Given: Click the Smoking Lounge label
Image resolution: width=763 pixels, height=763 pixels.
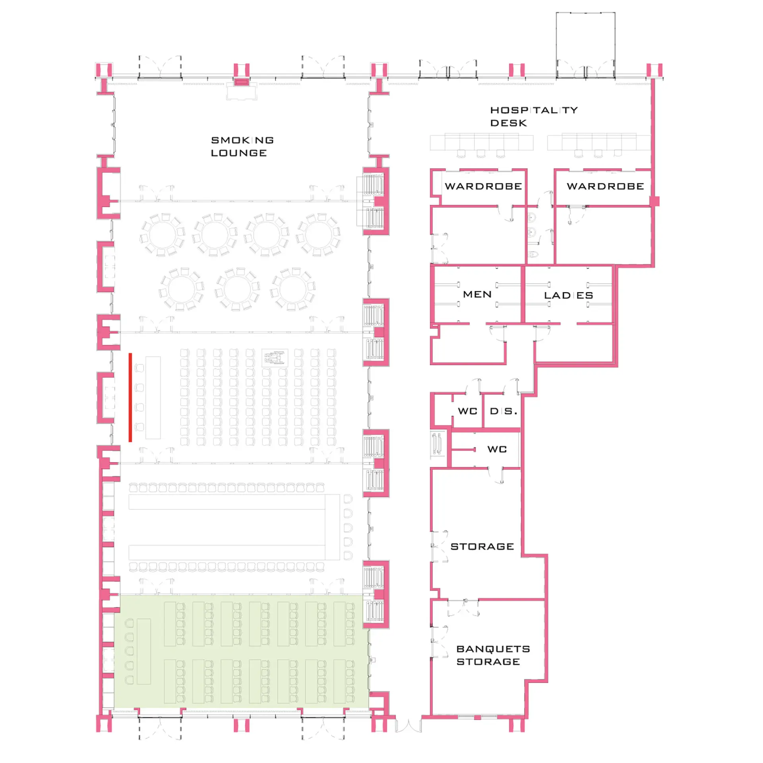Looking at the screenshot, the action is coord(242,147).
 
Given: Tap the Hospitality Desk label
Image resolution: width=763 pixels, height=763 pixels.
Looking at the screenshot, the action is coord(534,116).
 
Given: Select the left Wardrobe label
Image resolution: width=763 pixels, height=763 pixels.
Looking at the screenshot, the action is coord(483,186).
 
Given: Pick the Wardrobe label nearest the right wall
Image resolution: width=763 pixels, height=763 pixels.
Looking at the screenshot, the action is coord(605,186).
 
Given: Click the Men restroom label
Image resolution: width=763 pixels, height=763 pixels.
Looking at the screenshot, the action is coord(477,294).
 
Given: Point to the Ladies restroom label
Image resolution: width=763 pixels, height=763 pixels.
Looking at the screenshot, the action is coord(568,295).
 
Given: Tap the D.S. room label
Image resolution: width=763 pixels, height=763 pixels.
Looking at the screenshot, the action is coord(503,411).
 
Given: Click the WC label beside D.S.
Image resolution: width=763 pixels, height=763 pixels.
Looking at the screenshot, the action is coord(467,411).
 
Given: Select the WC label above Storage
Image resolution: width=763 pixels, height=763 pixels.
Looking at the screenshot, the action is coord(497,449).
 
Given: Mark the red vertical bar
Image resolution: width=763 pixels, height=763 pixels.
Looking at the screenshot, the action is coord(130,397).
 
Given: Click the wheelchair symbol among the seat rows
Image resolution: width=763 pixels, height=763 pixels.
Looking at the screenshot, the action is coord(275,358).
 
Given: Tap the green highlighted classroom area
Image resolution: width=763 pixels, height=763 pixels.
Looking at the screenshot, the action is coord(241,651).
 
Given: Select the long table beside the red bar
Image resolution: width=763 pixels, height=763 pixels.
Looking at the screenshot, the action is coord(153,397).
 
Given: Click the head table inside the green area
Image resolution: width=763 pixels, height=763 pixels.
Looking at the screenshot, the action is coord(144,651).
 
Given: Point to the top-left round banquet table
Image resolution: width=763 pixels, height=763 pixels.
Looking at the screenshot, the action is coord(163,234).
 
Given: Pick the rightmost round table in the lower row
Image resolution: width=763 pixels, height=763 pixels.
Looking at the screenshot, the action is coord(293,289).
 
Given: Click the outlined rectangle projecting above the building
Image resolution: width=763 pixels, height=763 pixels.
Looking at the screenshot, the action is coord(585,45).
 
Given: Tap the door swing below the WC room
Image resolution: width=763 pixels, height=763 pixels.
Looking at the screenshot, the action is coord(496,475).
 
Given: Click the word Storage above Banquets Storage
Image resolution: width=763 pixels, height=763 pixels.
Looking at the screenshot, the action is coord(482,546).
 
